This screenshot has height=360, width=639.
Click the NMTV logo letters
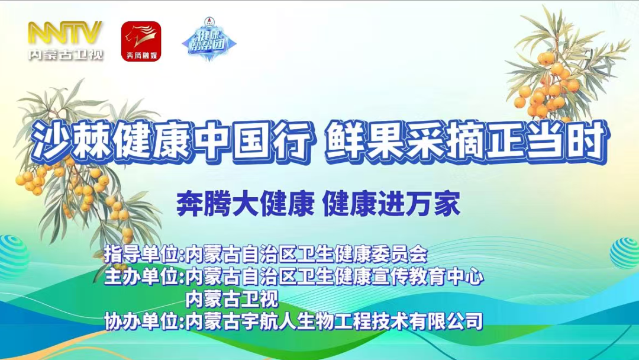(x=66, y=33)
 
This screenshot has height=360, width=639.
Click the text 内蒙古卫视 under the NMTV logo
(x=66, y=54)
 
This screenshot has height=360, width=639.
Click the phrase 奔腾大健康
(x=245, y=205)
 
